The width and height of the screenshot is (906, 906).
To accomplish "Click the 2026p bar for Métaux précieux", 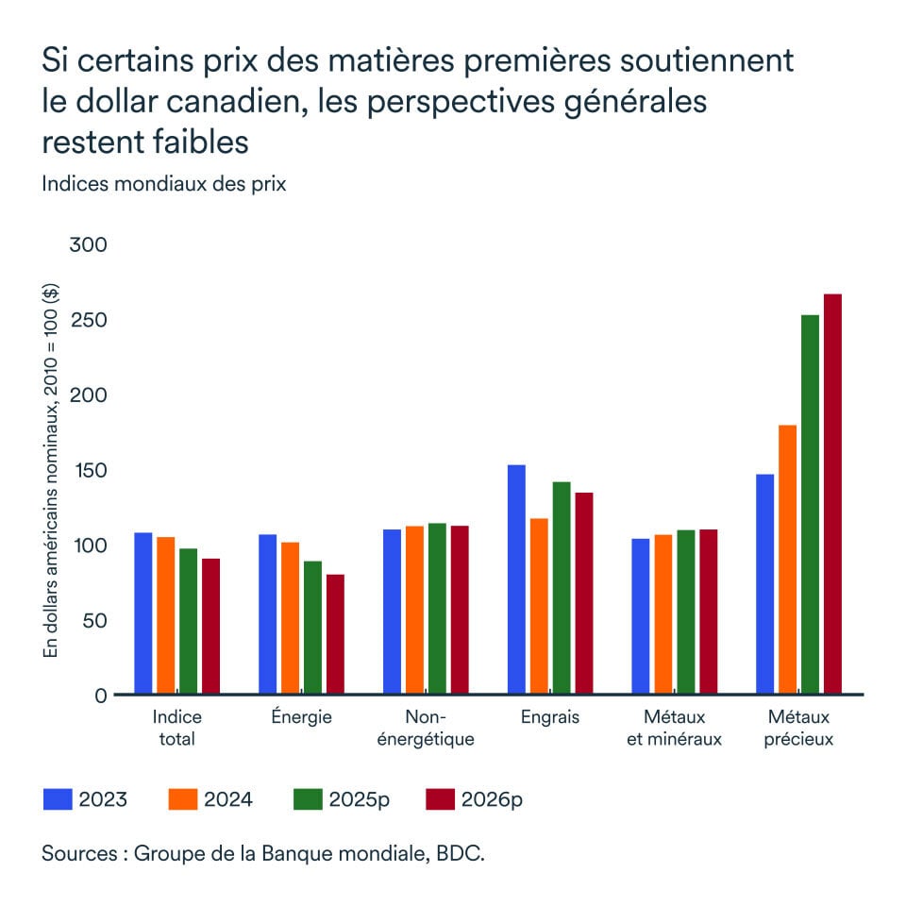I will point(832,495).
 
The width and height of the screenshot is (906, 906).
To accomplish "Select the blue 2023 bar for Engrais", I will point(517,579).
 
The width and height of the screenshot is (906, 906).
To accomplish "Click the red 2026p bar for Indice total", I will point(210,627).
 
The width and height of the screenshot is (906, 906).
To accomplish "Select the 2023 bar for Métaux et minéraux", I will point(641,616).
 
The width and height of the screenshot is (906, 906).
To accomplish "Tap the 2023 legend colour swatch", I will point(59,799).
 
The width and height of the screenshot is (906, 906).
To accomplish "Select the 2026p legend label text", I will point(492,799).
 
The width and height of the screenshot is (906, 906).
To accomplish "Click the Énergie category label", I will point(301,717).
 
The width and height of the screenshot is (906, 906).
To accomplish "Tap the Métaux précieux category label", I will point(800,728).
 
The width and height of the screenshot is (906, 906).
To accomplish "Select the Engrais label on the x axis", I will point(550,717).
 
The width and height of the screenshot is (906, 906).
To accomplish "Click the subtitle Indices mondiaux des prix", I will point(163,184).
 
